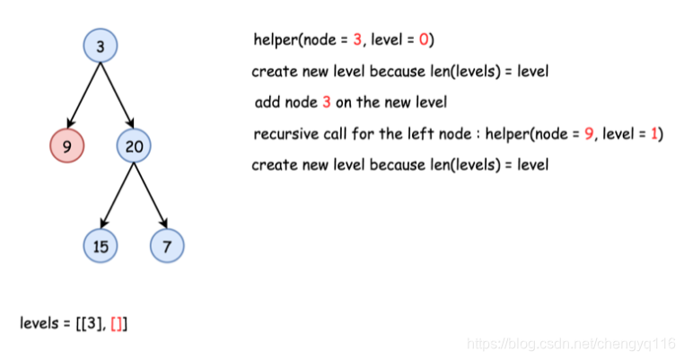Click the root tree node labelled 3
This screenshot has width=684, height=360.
[x=100, y=47]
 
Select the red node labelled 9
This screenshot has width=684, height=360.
[x=66, y=144]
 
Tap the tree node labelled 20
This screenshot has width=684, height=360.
[x=133, y=145]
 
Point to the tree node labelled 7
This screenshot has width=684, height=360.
[x=167, y=245]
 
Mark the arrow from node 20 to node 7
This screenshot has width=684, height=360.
[x=150, y=194]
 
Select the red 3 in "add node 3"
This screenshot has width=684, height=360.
[x=327, y=102]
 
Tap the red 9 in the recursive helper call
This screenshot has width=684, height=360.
[x=589, y=134]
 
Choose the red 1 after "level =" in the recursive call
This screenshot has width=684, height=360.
[x=655, y=134]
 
